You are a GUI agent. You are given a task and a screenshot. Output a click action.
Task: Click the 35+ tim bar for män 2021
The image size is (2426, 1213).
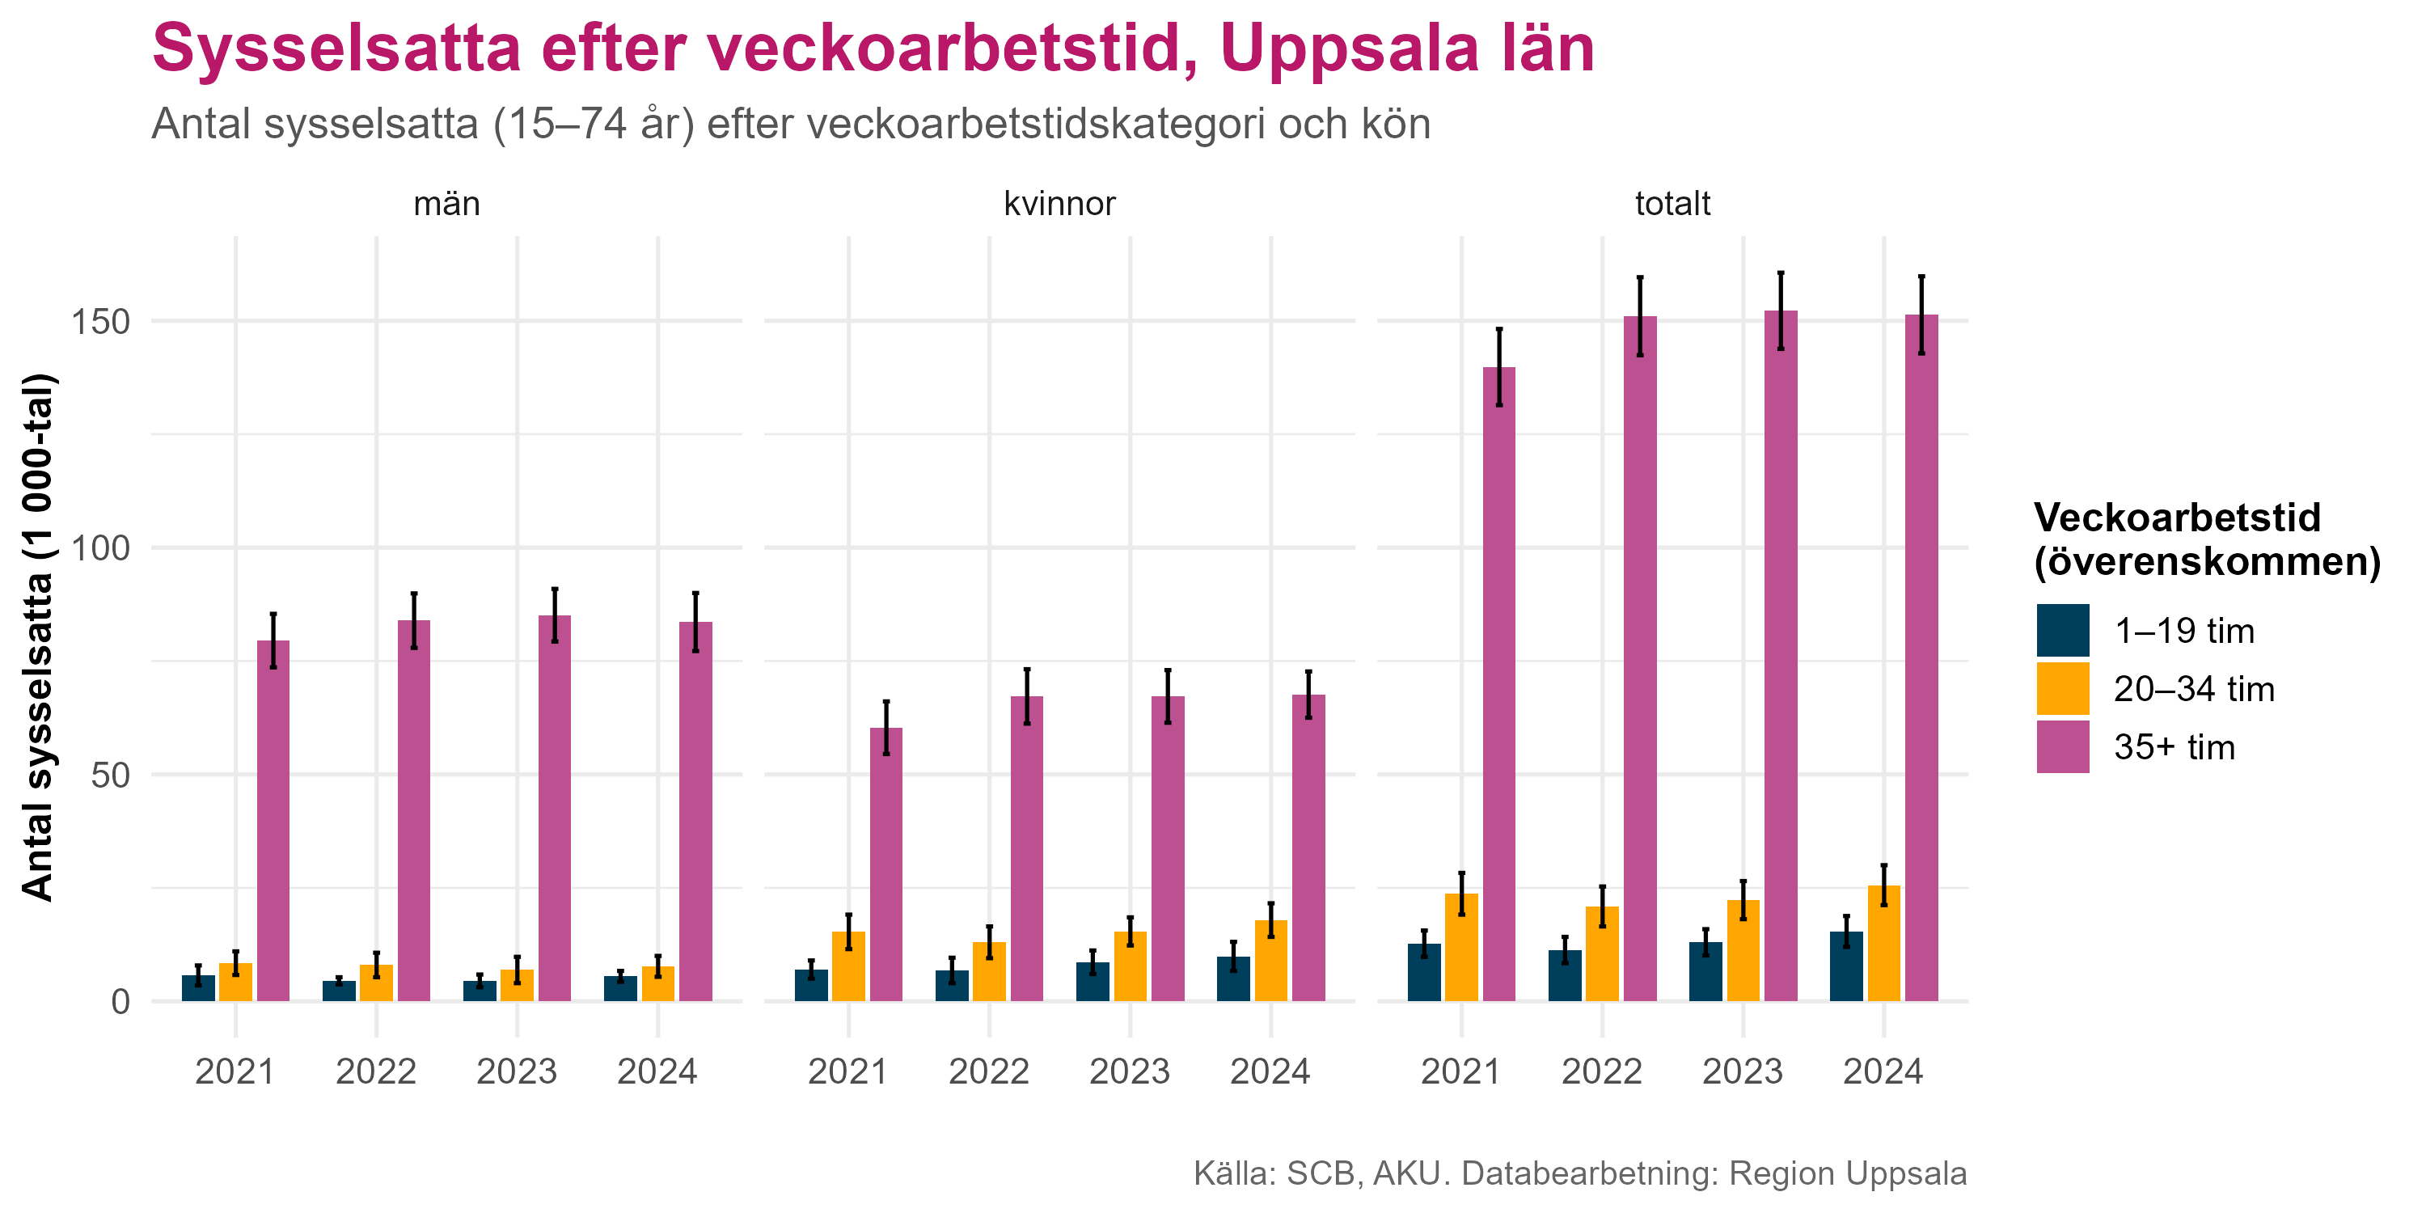click(x=273, y=819)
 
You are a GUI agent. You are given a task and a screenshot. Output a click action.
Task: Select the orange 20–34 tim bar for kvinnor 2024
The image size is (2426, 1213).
click(x=1270, y=961)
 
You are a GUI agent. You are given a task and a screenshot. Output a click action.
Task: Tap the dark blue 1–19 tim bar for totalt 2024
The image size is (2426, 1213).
click(x=1846, y=966)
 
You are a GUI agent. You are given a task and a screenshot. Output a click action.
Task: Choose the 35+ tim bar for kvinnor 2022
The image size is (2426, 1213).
click(x=1026, y=847)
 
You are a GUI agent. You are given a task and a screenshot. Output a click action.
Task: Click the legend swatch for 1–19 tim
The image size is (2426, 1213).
click(x=2062, y=630)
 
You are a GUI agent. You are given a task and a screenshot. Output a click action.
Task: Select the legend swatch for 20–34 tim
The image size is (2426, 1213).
click(x=2062, y=688)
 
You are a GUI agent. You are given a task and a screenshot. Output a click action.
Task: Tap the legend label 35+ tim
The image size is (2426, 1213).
click(x=2174, y=747)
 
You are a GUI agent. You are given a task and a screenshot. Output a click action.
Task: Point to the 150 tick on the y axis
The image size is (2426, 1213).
click(x=101, y=321)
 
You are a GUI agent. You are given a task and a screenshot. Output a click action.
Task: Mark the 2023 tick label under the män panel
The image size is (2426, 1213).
click(x=517, y=1071)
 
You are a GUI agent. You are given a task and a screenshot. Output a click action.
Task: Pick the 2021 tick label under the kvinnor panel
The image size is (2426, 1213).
click(x=847, y=1071)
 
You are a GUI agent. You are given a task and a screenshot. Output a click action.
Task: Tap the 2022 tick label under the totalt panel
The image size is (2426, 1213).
click(x=1601, y=1071)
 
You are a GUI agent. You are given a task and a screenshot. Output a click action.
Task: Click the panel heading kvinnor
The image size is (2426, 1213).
click(x=1059, y=204)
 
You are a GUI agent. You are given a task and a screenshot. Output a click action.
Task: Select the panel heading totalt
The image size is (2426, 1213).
click(x=1672, y=204)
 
